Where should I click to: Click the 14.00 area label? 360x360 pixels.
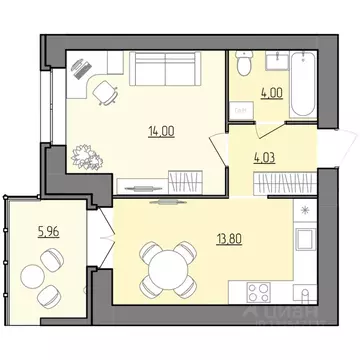click(x=152, y=129)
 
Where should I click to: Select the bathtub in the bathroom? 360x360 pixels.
click(x=297, y=71)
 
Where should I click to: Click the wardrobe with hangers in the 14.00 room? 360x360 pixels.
click(x=185, y=183)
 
